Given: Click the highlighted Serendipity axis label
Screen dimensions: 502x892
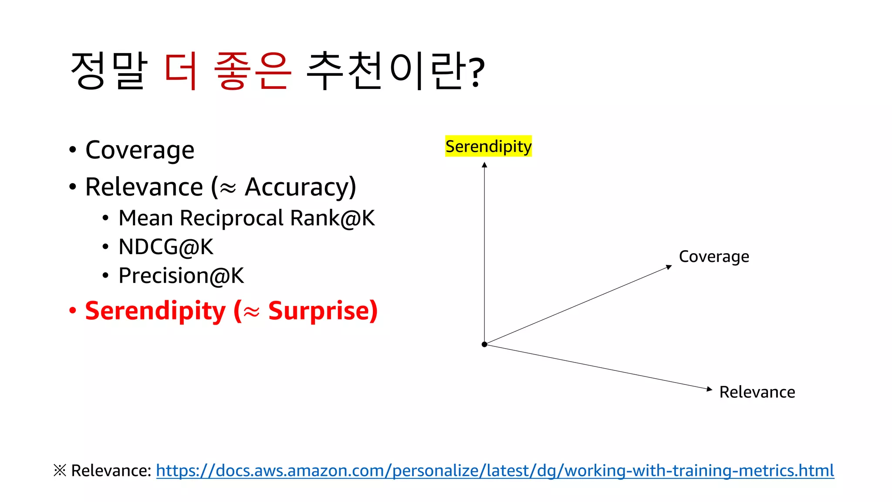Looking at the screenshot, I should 488,146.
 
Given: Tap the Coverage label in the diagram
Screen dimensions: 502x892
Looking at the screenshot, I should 714,257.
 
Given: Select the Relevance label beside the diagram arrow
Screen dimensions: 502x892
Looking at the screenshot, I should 757,392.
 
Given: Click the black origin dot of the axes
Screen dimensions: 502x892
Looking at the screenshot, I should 484,344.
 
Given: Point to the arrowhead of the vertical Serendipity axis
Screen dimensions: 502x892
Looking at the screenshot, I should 484,165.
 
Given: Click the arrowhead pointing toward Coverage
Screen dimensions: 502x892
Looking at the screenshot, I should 669,267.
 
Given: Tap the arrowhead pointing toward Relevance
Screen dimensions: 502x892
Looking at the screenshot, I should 709,389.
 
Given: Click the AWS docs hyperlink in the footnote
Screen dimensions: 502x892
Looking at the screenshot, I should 495,471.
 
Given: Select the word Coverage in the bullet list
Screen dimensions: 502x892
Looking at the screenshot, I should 140,150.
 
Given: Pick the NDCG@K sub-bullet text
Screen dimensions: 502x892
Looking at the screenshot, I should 166,247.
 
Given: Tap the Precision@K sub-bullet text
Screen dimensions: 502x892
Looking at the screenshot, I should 181,276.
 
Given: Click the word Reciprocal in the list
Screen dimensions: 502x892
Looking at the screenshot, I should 232,218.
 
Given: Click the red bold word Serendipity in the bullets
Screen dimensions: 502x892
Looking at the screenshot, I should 155,311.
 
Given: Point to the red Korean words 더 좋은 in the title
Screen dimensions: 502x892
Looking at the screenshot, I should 227,71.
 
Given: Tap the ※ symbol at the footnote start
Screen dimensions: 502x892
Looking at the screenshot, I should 60,471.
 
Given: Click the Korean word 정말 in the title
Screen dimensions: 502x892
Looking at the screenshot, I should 109,71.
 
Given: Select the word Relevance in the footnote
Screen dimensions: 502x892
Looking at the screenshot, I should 111,471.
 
